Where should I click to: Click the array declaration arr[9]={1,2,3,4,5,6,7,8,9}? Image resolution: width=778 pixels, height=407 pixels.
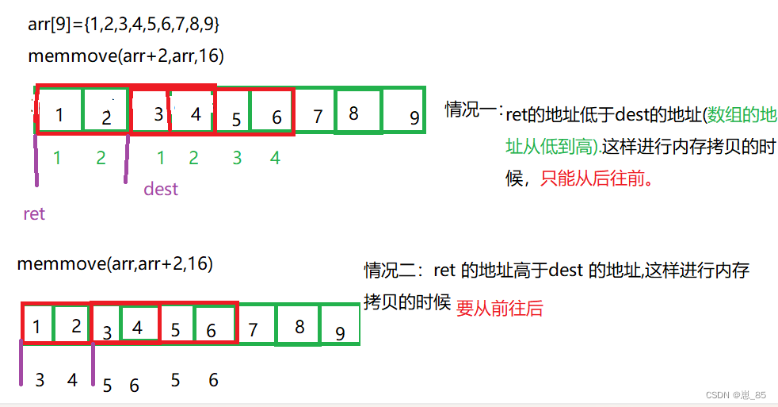pos(124,25)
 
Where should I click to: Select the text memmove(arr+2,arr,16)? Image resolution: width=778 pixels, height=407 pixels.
pos(126,56)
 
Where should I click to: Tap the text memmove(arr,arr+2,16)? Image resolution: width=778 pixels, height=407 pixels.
pos(115,263)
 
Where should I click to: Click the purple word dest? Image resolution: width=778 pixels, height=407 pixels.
pos(161,189)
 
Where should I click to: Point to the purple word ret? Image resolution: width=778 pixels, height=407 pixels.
pos(34,213)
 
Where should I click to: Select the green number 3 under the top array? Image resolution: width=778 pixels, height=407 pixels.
pos(236,158)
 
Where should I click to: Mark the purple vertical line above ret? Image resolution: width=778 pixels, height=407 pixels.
pos(36,159)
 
